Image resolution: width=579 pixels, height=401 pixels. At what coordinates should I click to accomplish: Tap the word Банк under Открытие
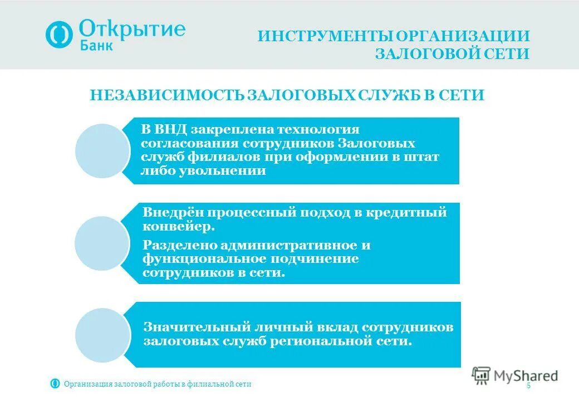click(x=96, y=46)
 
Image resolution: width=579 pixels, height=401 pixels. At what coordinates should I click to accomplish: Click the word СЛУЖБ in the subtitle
click(x=371, y=95)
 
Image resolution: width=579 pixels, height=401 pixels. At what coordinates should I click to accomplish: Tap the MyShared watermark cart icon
click(x=481, y=375)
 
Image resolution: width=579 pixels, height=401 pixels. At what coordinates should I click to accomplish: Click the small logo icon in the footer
click(x=55, y=383)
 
